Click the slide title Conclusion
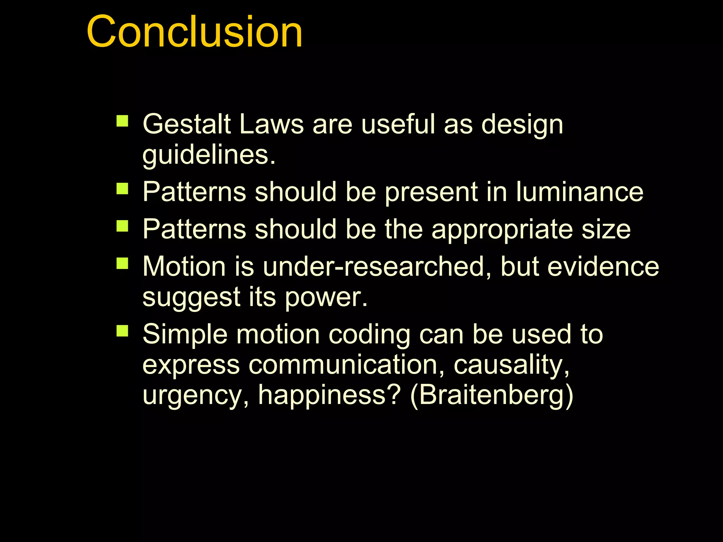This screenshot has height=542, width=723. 195,32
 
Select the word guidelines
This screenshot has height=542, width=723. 208,155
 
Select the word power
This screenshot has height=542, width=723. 325,297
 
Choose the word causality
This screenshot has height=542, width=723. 512,366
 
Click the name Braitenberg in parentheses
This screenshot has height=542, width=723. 492,395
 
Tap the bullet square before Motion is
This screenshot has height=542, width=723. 123,263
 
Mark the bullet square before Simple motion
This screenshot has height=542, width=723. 123,331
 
